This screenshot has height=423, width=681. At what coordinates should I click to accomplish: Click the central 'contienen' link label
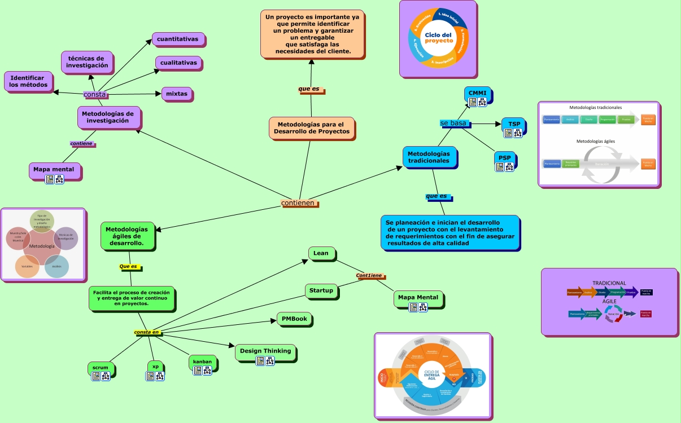coord(298,202)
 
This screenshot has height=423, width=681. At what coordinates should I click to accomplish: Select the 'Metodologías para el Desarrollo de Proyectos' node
coord(312,127)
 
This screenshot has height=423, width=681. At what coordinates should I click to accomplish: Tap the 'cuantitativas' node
coord(177,39)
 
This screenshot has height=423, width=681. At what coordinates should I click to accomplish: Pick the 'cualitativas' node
coord(178,63)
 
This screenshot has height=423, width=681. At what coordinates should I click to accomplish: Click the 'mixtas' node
coord(177,93)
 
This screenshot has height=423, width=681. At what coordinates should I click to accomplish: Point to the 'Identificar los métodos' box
coord(28,81)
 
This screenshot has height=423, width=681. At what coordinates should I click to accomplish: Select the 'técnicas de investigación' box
coord(87,61)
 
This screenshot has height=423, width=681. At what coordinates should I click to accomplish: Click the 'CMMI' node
coord(478,93)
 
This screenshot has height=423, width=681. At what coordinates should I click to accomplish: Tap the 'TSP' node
coord(514,124)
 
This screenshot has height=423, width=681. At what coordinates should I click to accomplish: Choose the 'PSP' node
coord(505,157)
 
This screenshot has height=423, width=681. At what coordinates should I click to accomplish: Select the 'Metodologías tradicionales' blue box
coord(429,157)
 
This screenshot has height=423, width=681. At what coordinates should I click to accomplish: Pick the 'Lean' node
coord(321,253)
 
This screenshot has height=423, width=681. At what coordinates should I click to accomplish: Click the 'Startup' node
coord(321,290)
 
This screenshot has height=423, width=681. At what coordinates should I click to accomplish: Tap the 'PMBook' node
coord(294,319)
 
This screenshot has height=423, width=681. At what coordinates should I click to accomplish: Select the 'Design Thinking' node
coord(265,351)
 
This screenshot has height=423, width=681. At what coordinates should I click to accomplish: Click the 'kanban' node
coord(202,361)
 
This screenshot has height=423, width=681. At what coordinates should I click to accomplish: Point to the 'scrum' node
coord(101,368)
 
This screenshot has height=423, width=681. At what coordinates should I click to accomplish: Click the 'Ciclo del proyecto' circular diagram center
coord(439,38)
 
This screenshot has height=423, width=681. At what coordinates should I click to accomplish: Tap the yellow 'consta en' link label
coord(147,332)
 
